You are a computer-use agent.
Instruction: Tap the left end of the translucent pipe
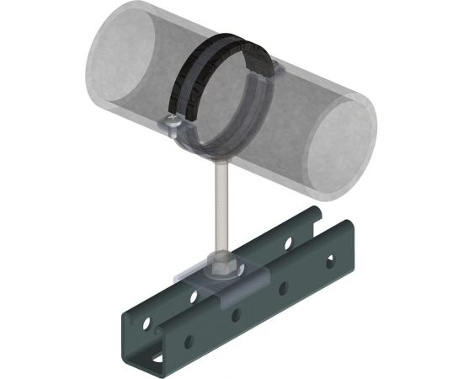[118, 63]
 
